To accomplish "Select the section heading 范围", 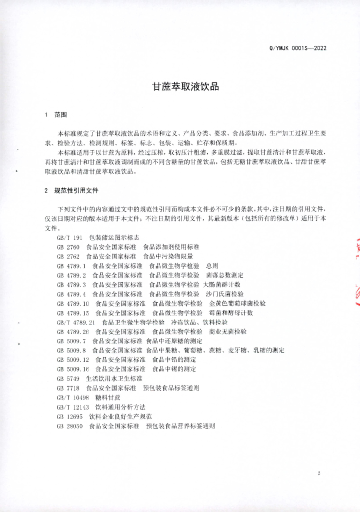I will coord(60,115).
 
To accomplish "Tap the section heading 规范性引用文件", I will coord(76,190).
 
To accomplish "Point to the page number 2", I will coord(318,473).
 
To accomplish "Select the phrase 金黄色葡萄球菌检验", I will coord(237,303).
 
